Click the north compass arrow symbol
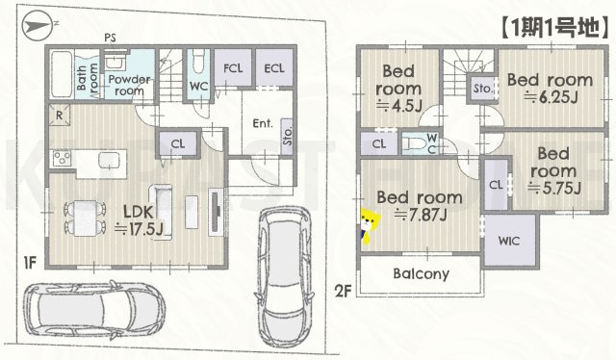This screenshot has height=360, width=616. (37, 26)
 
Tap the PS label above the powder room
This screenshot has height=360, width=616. (110, 39)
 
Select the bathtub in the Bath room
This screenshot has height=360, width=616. (60, 74)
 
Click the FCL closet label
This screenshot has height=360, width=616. (233, 68)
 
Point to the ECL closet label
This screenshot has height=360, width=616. (274, 68)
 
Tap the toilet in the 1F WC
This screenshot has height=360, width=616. (198, 61)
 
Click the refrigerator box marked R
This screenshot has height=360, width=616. (60, 116)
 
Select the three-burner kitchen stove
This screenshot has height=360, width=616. (62, 159)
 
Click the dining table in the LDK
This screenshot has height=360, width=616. (86, 219)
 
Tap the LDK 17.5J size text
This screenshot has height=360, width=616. (139, 229)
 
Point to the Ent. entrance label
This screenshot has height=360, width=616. (263, 123)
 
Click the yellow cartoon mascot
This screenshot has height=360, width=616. (370, 226)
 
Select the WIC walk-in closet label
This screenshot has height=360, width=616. (509, 241)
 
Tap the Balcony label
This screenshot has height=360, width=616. (422, 273)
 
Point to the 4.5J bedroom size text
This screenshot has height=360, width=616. (399, 105)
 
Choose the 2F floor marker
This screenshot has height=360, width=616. (343, 292)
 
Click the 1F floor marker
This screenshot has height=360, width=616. (29, 262)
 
